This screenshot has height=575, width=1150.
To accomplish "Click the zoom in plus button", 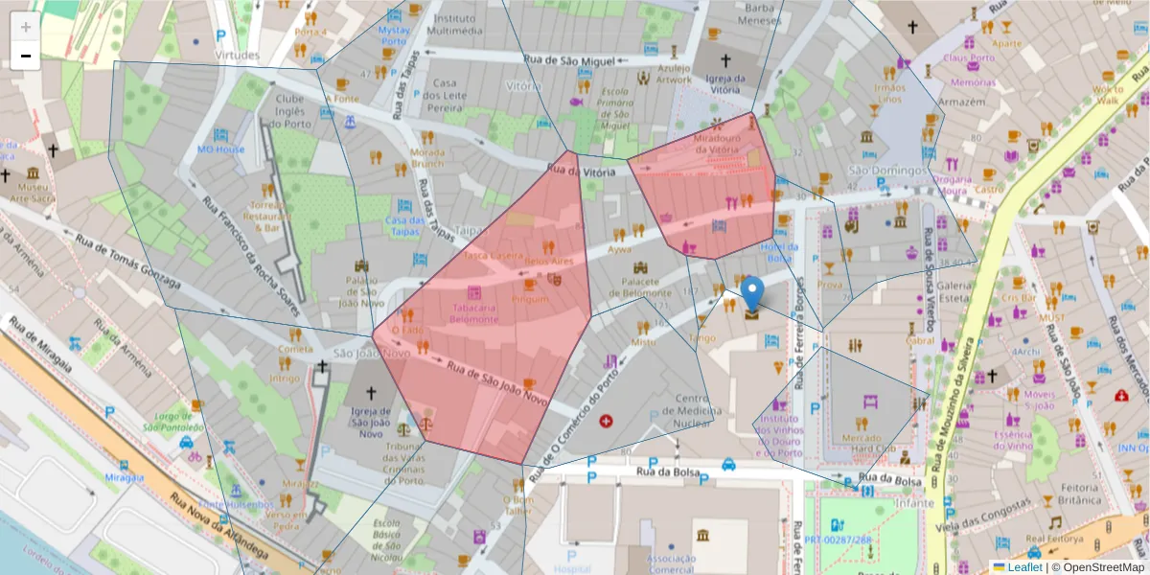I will tap(26, 26).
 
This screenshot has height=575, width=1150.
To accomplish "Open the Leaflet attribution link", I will tap(1023, 566).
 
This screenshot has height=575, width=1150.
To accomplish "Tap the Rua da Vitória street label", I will tap(580, 170).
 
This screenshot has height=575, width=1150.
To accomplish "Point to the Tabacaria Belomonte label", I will tap(470, 313).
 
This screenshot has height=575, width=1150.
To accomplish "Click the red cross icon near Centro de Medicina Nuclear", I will tap(605, 421).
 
